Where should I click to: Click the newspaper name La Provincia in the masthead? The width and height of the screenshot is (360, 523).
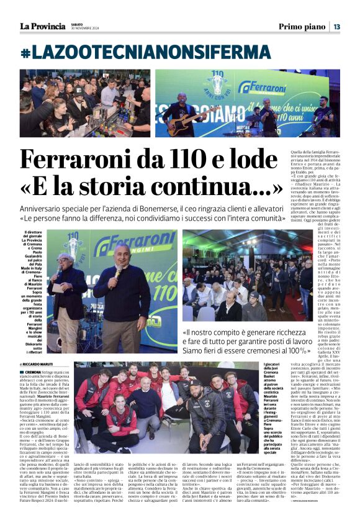(x=42, y=26)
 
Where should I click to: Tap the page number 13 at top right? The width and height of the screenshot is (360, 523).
(x=336, y=27)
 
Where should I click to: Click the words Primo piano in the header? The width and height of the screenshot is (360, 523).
(x=302, y=27)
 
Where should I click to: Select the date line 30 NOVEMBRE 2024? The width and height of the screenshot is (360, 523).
(x=85, y=29)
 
